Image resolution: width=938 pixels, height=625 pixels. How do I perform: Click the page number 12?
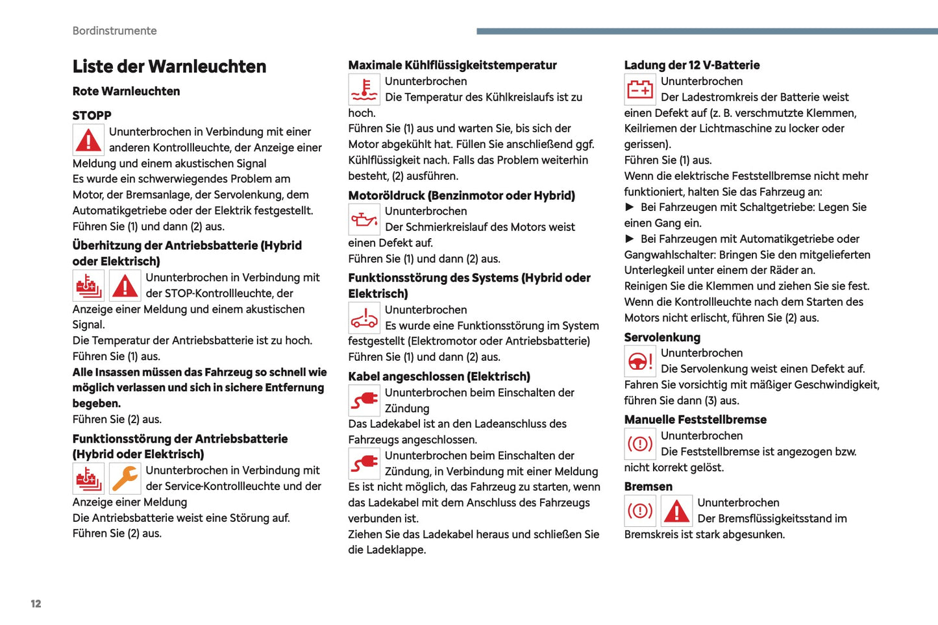[x=36, y=604]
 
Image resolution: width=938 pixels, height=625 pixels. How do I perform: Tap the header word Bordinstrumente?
[x=114, y=31]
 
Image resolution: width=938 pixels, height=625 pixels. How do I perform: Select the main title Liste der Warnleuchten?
[x=169, y=66]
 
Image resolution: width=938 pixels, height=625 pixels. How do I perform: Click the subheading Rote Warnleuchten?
[x=126, y=92]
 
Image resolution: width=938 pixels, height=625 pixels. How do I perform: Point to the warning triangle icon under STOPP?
[x=88, y=140]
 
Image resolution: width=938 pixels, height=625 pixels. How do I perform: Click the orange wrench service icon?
[x=125, y=479]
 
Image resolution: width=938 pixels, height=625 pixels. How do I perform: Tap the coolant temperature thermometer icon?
[x=364, y=90]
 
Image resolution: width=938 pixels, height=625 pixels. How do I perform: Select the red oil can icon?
[x=364, y=219]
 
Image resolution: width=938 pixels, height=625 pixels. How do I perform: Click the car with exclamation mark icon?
[x=364, y=318]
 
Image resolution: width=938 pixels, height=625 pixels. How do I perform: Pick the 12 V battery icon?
[x=640, y=90]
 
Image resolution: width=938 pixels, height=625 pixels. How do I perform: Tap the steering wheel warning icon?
[x=640, y=362]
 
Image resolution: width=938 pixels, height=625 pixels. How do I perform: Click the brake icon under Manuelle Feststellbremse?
[x=640, y=444]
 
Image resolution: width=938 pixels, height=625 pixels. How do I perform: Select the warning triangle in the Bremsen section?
[x=676, y=511]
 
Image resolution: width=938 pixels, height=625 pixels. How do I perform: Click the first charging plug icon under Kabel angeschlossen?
[x=364, y=400]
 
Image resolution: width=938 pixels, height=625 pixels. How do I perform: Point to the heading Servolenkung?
[x=662, y=337]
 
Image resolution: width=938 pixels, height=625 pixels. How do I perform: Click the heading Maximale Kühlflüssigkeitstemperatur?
[x=452, y=65]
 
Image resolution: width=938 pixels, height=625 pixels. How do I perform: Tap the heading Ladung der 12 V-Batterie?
[x=691, y=65]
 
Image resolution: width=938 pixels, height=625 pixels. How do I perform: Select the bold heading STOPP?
[x=92, y=116]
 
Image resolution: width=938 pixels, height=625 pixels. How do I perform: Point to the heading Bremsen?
[x=648, y=487]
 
